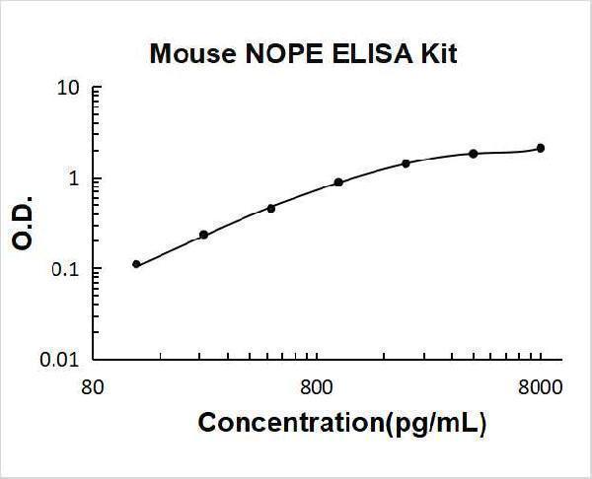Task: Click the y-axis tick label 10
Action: coord(69,89)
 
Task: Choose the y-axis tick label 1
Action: coord(75,179)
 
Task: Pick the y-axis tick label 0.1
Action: coord(67,269)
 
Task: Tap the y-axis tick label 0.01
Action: coord(62,360)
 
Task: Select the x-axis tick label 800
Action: coord(316,386)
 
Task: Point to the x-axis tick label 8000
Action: coord(541,386)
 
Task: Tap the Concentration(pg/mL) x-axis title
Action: coord(342,424)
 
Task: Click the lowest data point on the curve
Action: coord(136,264)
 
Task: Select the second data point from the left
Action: coord(203,235)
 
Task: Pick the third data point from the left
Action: coord(271,208)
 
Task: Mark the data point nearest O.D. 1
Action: coord(338,182)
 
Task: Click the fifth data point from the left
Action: coord(406,163)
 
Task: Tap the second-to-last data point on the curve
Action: coord(474,154)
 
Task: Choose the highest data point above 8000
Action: coord(541,148)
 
